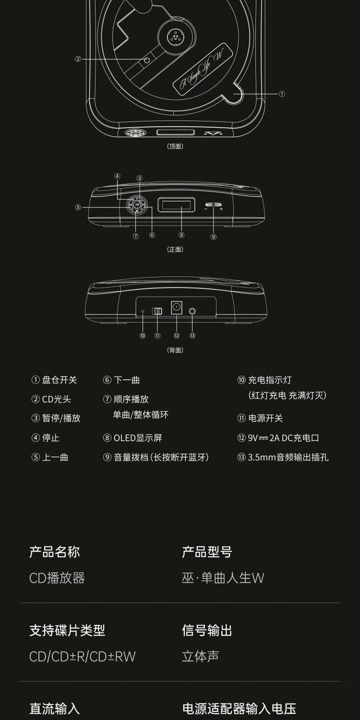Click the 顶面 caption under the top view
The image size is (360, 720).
pyautogui.click(x=175, y=146)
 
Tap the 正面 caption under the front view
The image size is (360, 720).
pyautogui.click(x=175, y=249)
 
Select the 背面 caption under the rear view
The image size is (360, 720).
pyautogui.click(x=175, y=350)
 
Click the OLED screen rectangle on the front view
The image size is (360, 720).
pyautogui.click(x=178, y=206)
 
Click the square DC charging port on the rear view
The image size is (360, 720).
pyautogui.click(x=177, y=307)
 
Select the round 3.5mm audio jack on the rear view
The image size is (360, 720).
pyautogui.click(x=192, y=311)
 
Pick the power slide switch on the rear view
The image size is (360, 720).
pyautogui.click(x=157, y=311)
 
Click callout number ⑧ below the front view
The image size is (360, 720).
pyautogui.click(x=181, y=235)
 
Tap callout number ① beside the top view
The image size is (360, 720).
pyautogui.click(x=282, y=94)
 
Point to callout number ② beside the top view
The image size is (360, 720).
pyautogui.click(x=78, y=60)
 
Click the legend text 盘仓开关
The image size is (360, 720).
pyautogui.click(x=60, y=380)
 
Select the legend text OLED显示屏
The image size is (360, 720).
pyautogui.click(x=138, y=438)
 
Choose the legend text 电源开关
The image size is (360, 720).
pyautogui.click(x=265, y=418)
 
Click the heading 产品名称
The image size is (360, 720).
pyautogui.click(x=54, y=552)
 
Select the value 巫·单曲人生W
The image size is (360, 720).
pyautogui.click(x=223, y=577)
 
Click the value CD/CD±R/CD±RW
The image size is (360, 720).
pyautogui.click(x=83, y=656)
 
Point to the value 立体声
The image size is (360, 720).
pyautogui.click(x=200, y=656)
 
